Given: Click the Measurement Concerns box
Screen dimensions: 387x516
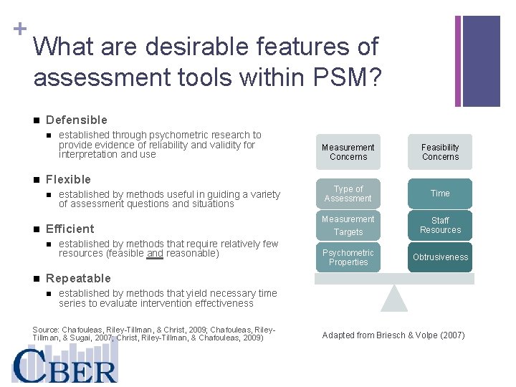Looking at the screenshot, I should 348,152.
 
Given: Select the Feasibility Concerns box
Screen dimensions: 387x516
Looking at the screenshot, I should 440,152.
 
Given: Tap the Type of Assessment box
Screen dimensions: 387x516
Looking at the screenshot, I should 348,193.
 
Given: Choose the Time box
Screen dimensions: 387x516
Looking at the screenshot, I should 440,193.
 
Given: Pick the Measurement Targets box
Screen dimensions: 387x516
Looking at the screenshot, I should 348,225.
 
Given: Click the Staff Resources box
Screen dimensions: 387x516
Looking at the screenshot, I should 440,225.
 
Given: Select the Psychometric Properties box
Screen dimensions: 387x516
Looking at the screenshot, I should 348,257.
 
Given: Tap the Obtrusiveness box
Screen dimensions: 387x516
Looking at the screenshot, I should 440,257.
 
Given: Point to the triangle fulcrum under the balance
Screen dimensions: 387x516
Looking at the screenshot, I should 393,297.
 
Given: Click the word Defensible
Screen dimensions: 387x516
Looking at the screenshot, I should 76,120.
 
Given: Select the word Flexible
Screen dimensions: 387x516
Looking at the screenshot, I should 68,179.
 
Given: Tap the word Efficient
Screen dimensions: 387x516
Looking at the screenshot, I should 70,229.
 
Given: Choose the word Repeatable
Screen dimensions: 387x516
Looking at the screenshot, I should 78,278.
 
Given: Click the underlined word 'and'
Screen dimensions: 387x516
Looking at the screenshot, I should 155,254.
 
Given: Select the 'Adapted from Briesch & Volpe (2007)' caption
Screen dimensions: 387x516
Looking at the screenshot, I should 393,335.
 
